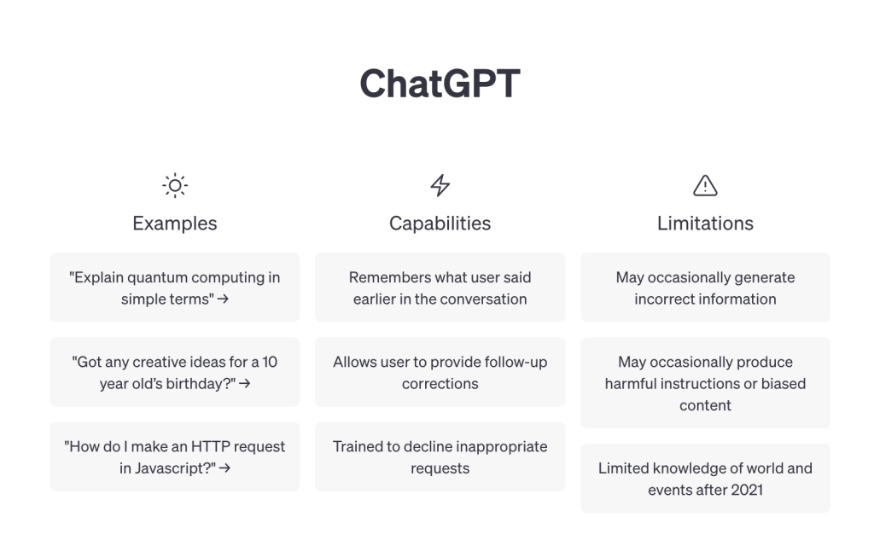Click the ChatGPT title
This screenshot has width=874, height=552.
(440, 84)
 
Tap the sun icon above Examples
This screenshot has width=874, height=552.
(175, 185)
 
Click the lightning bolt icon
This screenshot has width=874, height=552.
(440, 185)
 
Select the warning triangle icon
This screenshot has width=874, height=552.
(705, 185)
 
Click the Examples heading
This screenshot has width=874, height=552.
(175, 224)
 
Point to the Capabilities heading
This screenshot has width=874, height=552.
(440, 224)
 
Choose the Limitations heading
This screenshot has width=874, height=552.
(705, 224)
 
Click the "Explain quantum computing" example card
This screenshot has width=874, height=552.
(175, 288)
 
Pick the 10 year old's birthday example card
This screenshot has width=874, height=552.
(175, 372)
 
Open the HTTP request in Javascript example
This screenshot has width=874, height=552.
(175, 456)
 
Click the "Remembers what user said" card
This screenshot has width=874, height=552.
(440, 288)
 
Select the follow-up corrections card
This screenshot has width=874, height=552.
(440, 372)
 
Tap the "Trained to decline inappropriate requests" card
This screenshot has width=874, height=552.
(440, 456)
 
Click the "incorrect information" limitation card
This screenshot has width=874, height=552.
(705, 288)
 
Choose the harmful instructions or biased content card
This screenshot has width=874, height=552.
(705, 383)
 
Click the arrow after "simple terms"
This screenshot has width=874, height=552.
(223, 299)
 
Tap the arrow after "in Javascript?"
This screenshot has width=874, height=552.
(224, 468)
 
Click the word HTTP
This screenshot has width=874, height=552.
(210, 447)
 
